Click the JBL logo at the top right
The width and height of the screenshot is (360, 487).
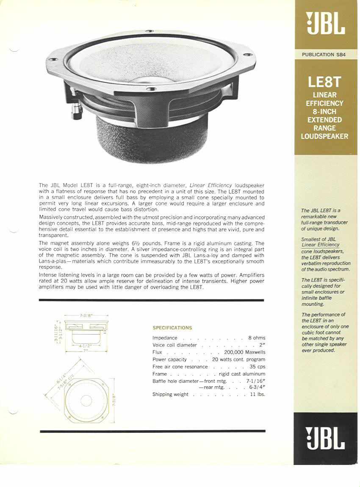[326, 24]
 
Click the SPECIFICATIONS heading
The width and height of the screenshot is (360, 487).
[172, 328]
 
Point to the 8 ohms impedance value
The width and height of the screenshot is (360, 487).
[257, 338]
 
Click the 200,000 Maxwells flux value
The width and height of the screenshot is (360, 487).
[241, 352]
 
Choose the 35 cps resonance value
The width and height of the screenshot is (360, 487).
[258, 367]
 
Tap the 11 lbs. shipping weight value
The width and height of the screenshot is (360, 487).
[257, 395]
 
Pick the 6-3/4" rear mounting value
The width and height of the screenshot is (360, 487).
[257, 387]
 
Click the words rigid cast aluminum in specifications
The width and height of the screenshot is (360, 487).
[242, 374]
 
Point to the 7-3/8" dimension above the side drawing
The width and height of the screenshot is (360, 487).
[87, 316]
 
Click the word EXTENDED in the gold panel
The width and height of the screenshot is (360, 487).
[324, 120]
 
